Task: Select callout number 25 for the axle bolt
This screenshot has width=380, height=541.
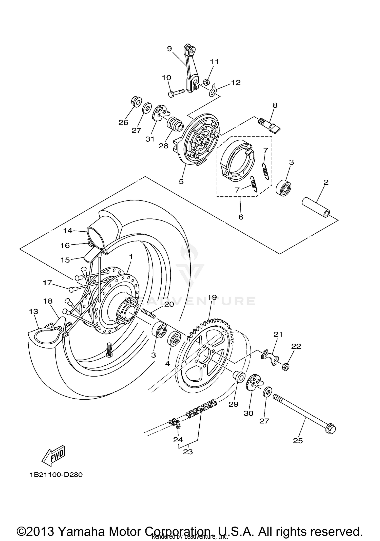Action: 298,441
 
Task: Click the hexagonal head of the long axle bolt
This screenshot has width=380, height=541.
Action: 331,429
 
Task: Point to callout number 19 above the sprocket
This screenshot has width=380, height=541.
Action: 212,297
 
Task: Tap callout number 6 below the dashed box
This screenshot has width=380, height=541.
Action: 241,217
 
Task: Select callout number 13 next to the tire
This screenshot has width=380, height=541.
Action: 33,311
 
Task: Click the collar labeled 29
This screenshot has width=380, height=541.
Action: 239,376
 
